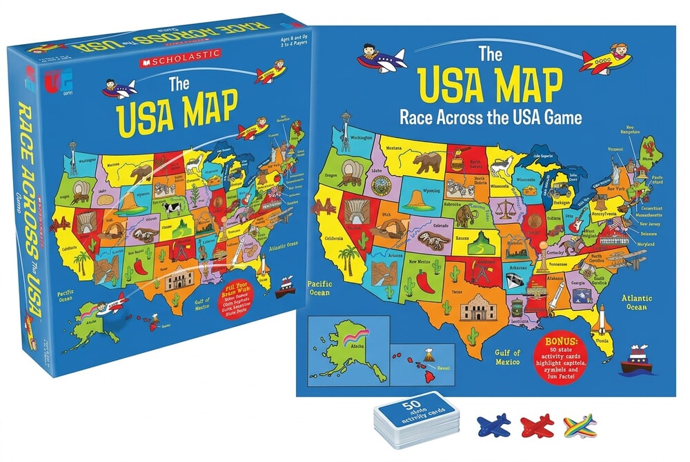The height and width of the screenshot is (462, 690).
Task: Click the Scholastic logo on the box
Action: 181,53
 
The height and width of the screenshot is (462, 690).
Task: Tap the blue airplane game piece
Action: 493,421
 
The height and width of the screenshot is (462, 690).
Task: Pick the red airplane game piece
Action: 537,421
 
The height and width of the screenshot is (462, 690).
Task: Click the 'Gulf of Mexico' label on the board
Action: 511,356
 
